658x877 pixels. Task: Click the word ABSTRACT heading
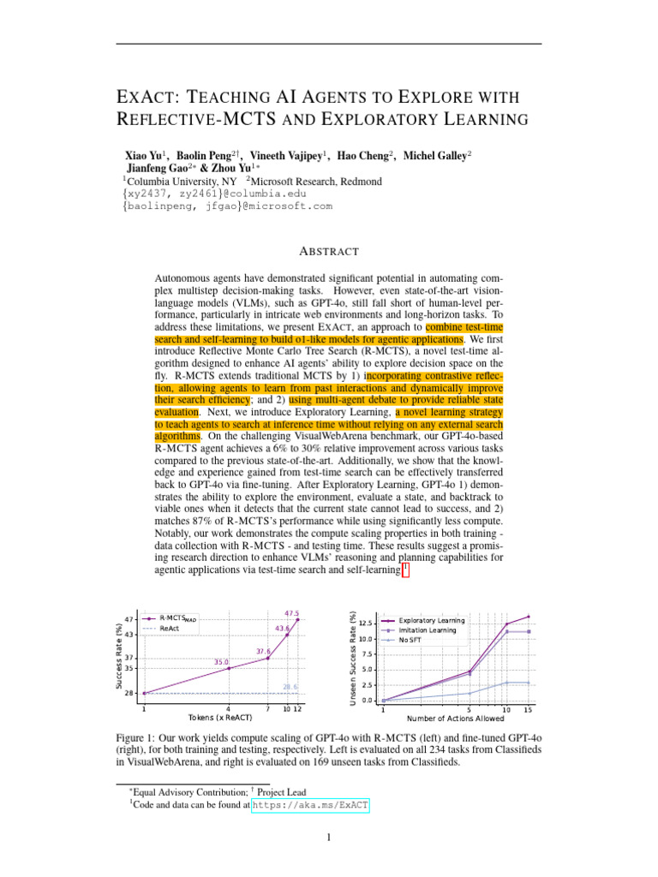(329, 251)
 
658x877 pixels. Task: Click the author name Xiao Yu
(146, 156)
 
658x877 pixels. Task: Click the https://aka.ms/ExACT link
(312, 805)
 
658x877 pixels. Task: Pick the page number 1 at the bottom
(329, 838)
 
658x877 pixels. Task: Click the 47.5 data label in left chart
(291, 613)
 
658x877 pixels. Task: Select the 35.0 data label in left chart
(222, 662)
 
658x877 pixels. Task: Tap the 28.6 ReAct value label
(290, 686)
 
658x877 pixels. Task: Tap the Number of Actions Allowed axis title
(455, 719)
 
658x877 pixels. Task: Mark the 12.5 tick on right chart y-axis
(365, 623)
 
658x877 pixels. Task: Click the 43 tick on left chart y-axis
(129, 634)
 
